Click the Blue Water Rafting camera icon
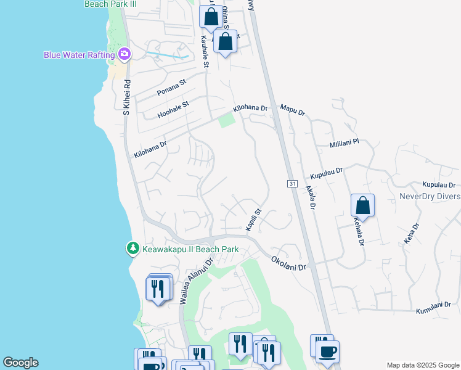[x=124, y=54]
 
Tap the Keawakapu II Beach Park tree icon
[x=132, y=249]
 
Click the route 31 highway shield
[x=292, y=184]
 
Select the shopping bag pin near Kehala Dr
[x=363, y=206]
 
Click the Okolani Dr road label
[x=288, y=263]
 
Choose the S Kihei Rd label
[x=126, y=97]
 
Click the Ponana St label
[x=171, y=88]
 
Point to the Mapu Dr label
[x=293, y=110]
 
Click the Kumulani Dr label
[x=437, y=308]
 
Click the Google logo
[x=20, y=363]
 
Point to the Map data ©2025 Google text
[x=422, y=365]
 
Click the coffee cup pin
[x=327, y=352]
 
